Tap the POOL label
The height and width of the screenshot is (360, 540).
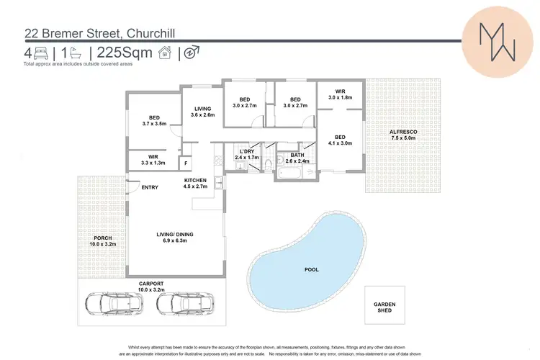pos(312,269)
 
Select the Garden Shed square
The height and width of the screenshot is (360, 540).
pos(384,308)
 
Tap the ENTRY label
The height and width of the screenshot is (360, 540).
pos(150,188)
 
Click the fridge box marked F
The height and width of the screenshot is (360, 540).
pos(185,163)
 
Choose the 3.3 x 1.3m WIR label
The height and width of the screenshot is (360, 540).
pos(153,159)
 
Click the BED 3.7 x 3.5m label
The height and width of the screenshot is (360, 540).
pos(154,120)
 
